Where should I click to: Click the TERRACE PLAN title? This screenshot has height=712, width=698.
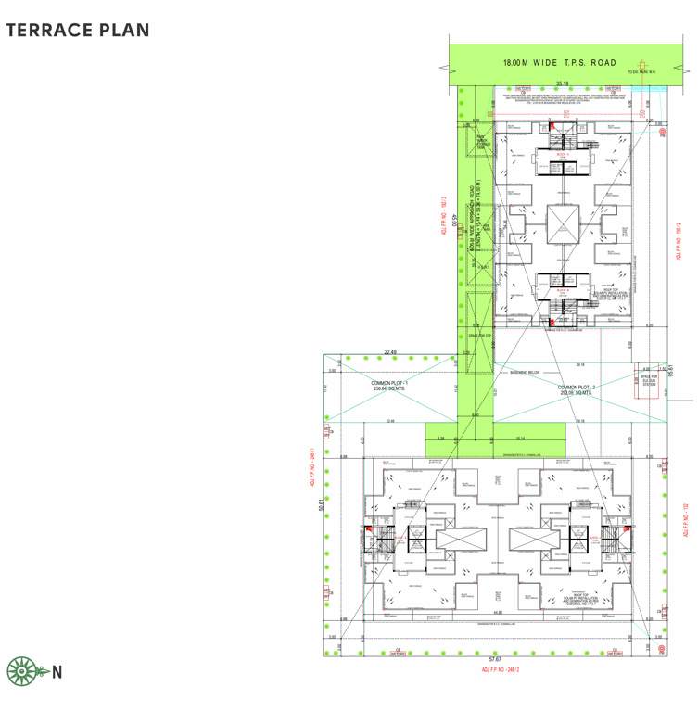click(78, 30)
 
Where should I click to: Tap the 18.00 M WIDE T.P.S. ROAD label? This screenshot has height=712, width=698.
click(559, 63)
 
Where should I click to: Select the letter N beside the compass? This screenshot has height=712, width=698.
click(57, 672)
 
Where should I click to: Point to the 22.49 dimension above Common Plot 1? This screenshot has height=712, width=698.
click(390, 351)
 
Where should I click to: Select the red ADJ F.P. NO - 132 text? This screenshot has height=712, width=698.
click(685, 520)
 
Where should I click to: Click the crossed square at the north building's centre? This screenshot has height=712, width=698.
click(562, 222)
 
